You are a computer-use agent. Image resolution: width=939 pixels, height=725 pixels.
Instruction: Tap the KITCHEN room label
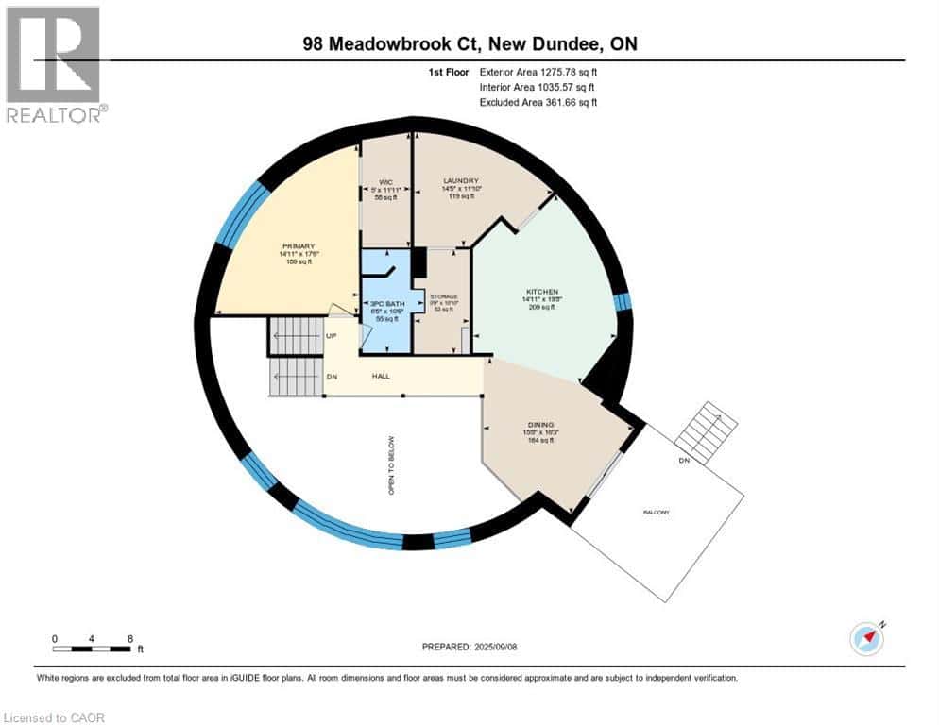tap(541, 292)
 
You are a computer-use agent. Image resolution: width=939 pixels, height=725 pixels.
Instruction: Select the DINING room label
tap(541, 425)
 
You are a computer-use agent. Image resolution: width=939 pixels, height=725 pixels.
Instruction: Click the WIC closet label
tap(385, 181)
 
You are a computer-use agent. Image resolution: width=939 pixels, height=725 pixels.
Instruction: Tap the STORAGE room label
tap(445, 296)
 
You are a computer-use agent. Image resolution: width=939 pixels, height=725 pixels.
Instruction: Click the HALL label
tap(382, 376)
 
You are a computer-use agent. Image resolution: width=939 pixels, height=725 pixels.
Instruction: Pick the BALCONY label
tap(658, 512)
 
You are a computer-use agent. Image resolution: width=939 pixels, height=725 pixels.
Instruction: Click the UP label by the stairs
tap(331, 335)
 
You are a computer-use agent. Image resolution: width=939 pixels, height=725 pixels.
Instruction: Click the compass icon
tap(866, 638)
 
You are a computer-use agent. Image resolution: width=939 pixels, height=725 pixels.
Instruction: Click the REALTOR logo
tap(54, 65)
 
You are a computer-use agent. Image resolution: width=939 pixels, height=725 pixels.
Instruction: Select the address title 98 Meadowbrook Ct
tap(469, 44)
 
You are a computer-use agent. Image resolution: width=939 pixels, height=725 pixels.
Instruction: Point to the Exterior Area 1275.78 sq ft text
tap(538, 72)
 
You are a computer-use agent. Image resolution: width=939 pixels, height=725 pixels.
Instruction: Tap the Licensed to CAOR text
tap(54, 717)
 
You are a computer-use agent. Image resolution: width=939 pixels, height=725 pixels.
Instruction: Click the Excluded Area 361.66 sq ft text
tap(538, 102)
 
